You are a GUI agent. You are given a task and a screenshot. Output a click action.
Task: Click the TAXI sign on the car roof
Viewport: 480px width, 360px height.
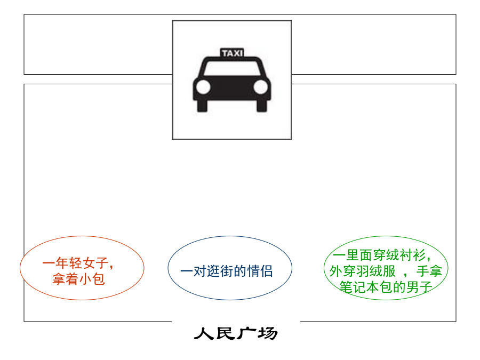pyautogui.click(x=232, y=53)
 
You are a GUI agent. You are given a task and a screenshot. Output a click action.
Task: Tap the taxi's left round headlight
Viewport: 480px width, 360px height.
pyautogui.click(x=203, y=87)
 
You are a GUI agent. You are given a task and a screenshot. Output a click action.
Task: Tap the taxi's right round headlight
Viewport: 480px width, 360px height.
pyautogui.click(x=261, y=87)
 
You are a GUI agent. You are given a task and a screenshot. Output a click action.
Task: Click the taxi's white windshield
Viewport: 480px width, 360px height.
pyautogui.click(x=232, y=68)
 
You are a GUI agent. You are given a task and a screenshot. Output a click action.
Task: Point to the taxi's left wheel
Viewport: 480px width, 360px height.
pyautogui.click(x=202, y=106)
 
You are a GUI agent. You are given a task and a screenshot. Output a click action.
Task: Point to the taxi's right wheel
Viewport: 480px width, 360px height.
pyautogui.click(x=262, y=106)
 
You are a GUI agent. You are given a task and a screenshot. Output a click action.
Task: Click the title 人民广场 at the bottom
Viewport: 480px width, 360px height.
pyautogui.click(x=236, y=333)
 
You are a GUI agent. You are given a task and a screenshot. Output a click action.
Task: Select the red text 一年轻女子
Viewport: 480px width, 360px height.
pyautogui.click(x=75, y=263)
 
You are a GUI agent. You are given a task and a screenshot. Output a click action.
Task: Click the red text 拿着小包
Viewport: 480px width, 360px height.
pyautogui.click(x=79, y=279)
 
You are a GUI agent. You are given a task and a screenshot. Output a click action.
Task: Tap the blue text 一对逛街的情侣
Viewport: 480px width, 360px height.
pyautogui.click(x=227, y=271)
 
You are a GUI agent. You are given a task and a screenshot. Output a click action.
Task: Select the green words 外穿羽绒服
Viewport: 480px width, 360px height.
pyautogui.click(x=363, y=271)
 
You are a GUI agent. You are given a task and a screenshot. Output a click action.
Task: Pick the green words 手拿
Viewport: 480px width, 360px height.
pyautogui.click(x=429, y=271)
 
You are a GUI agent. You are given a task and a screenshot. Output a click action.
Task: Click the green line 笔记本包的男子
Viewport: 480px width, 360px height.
pyautogui.click(x=386, y=287)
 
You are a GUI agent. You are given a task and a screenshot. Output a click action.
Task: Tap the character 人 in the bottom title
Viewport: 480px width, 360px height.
pyautogui.click(x=204, y=333)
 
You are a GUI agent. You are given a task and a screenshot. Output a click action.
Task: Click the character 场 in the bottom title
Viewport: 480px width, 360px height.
pyautogui.click(x=268, y=333)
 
